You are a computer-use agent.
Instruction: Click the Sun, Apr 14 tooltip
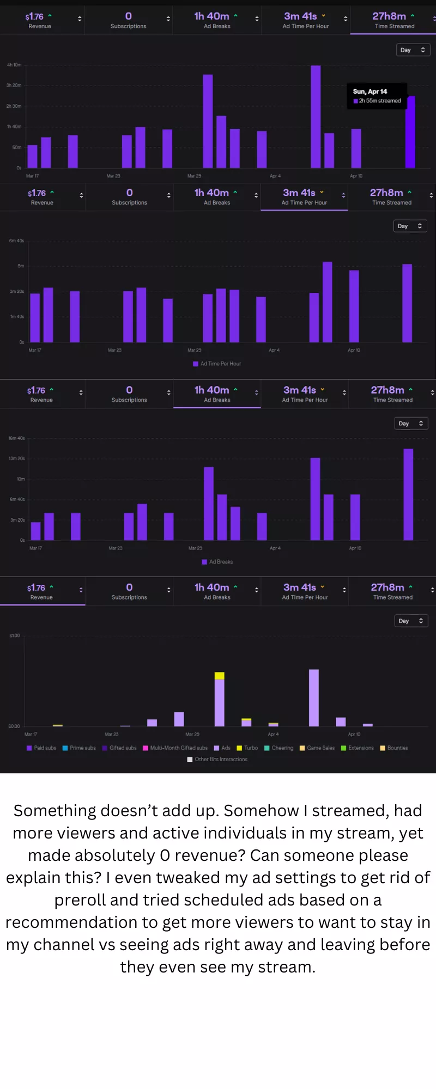[x=377, y=96]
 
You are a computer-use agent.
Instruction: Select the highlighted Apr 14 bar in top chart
[x=410, y=132]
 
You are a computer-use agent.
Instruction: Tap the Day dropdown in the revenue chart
[x=411, y=621]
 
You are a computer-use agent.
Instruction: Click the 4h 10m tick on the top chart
[x=14, y=65]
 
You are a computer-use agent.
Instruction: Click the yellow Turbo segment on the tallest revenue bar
[x=220, y=676]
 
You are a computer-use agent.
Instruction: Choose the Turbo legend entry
[x=247, y=748]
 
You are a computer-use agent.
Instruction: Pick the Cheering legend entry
[x=279, y=748]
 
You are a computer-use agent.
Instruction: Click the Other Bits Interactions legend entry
[x=217, y=760]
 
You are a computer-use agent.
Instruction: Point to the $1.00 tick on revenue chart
[x=14, y=636]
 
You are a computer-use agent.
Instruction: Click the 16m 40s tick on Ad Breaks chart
[x=16, y=438]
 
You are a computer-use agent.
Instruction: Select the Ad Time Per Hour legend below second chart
[x=217, y=364]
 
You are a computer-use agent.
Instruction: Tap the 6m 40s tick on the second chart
[x=16, y=241]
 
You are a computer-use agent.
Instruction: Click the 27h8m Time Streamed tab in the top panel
[x=393, y=20]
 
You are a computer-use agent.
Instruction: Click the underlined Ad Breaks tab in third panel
[x=217, y=394]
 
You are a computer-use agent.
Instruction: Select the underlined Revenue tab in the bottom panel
[x=41, y=591]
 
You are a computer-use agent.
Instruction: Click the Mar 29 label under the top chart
[x=194, y=176]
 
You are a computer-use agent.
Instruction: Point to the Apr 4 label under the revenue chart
[x=273, y=735]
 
